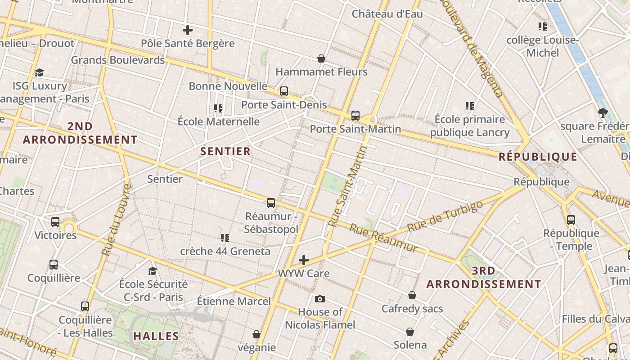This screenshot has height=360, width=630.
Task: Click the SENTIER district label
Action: tap(225, 151)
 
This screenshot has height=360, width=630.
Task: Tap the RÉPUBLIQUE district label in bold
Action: tap(538, 157)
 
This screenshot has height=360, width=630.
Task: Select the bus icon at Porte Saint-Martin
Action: tap(355, 116)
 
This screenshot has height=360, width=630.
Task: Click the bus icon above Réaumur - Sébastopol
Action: tap(271, 203)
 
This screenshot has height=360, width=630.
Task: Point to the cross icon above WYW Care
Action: tap(304, 260)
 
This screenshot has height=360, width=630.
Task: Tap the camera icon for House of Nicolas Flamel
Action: tap(320, 299)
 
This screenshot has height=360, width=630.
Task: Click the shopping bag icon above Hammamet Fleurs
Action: tap(321, 58)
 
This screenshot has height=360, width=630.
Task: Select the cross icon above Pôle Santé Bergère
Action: tap(188, 30)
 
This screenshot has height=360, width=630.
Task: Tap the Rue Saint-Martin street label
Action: tap(348, 186)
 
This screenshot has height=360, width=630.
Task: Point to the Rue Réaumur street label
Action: tap(383, 238)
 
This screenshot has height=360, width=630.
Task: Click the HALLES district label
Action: tap(156, 336)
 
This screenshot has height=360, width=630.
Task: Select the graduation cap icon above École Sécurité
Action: tap(153, 271)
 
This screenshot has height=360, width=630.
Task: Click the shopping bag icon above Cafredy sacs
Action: tap(412, 295)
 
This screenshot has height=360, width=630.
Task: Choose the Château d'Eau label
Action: tap(387, 14)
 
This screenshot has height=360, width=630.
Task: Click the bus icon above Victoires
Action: tap(55, 222)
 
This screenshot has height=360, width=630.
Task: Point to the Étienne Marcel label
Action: tap(234, 301)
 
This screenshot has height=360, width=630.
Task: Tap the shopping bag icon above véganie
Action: tap(256, 334)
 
